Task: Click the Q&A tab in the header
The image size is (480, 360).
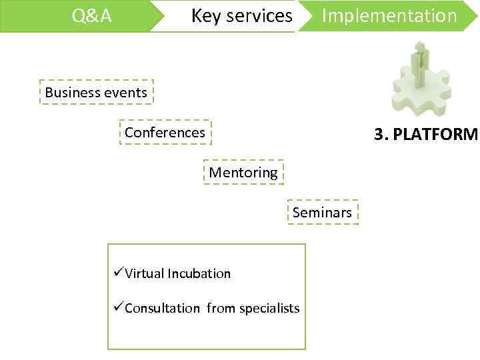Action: pos(92,16)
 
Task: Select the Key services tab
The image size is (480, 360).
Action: pos(241,16)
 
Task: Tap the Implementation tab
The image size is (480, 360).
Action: pos(389,16)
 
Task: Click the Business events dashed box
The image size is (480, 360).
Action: pos(96,93)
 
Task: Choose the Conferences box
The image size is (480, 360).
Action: pos(165,133)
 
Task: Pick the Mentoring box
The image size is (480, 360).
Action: pos(243,173)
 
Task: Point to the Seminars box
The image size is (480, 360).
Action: pos(322,213)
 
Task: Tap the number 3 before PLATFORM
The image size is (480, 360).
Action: pos(379,135)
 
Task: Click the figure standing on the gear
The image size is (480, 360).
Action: pos(420,63)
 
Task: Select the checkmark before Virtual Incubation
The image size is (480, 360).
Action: pos(118,273)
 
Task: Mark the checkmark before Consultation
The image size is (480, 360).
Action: pos(118,308)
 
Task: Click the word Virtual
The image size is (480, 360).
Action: pos(144,273)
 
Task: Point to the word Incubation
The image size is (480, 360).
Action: pos(199,273)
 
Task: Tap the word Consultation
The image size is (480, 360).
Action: pos(162,308)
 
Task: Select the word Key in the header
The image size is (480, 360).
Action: pos(205,16)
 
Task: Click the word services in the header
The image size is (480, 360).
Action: pos(258,16)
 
